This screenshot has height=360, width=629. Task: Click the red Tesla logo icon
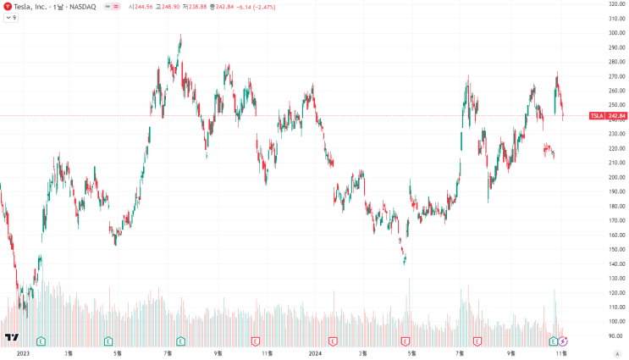8,7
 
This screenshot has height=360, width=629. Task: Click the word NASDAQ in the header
83,7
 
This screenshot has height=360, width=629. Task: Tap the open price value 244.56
144,8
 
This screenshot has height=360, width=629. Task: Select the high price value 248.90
170,8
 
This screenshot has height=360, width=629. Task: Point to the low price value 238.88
198,8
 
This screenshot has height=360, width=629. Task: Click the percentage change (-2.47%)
264,8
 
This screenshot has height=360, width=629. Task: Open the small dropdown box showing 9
11,18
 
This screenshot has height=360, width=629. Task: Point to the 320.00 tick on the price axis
617,4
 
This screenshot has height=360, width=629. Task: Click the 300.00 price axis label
617,33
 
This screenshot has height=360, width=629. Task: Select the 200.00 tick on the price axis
617,177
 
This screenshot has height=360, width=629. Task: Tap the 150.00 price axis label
617,249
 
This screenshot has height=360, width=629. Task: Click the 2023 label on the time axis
23,353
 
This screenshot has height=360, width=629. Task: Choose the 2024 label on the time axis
315,353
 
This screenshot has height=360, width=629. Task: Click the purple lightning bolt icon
563,341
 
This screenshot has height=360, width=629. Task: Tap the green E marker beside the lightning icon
554,341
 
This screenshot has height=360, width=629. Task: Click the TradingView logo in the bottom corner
12,337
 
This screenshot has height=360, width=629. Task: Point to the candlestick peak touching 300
181,35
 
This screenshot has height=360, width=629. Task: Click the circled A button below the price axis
617,353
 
